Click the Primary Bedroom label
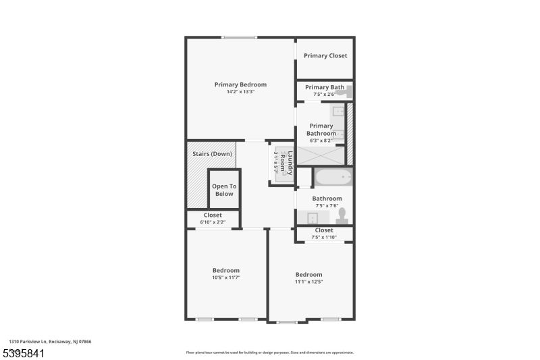coord(240,84)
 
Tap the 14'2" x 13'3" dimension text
coord(240,92)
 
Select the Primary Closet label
coord(325,55)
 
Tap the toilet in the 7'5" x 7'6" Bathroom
coord(342,217)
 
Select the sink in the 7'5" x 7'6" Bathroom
coord(312,217)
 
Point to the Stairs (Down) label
coord(212,153)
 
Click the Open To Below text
coord(224,190)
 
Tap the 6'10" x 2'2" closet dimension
coord(213,222)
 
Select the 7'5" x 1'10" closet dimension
coord(324,237)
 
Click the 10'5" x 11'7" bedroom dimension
coord(226,278)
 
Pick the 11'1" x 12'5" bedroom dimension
coord(308,282)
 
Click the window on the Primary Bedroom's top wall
coord(240,37)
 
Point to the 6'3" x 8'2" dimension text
coord(321,140)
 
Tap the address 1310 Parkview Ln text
coord(50,342)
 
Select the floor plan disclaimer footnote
coord(269,353)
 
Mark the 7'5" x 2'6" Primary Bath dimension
coord(325,95)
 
